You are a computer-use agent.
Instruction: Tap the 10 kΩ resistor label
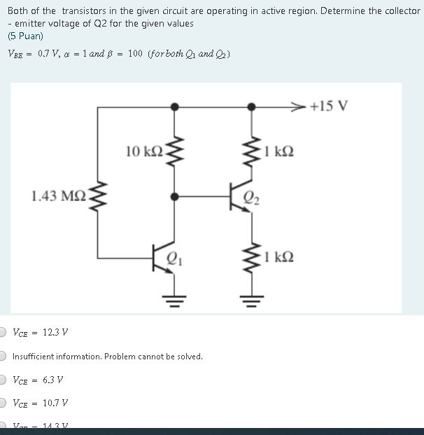pos(143,151)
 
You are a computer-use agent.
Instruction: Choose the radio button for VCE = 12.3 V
pos(3,332)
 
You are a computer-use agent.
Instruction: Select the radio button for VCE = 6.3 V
pos(3,380)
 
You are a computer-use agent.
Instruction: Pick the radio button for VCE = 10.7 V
pos(3,403)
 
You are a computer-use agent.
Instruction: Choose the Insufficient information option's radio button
pos(3,356)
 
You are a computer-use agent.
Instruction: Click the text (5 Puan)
pos(25,36)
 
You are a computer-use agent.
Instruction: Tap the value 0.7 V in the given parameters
pos(49,54)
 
